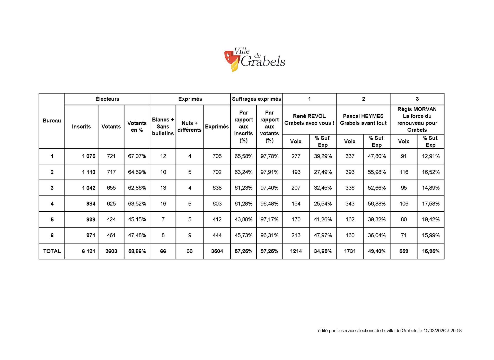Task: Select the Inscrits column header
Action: pyautogui.click(x=81, y=127)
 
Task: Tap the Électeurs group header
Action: pyautogui.click(x=107, y=99)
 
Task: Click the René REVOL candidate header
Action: pyautogui.click(x=309, y=120)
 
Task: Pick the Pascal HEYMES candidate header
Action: pyautogui.click(x=363, y=120)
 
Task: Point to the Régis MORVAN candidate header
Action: pyautogui.click(x=417, y=120)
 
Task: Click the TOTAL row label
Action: pyautogui.click(x=52, y=251)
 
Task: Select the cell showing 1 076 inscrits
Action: pyautogui.click(x=89, y=156)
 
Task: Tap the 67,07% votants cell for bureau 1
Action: pyautogui.click(x=137, y=156)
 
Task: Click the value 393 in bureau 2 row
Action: pyautogui.click(x=350, y=172)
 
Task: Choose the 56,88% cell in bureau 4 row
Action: pyautogui.click(x=377, y=204)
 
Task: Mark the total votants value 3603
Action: pyautogui.click(x=111, y=251)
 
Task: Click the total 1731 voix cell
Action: pyautogui.click(x=350, y=251)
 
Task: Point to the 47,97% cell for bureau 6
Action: pyautogui.click(x=323, y=235)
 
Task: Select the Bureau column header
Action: pyautogui.click(x=52, y=121)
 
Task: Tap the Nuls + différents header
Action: pyautogui.click(x=190, y=127)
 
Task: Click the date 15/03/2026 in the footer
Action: pyautogui.click(x=436, y=331)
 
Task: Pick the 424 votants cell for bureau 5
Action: pyautogui.click(x=111, y=219)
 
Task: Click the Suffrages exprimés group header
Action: pyautogui.click(x=257, y=99)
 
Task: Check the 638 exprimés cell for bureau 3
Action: pyautogui.click(x=217, y=188)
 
